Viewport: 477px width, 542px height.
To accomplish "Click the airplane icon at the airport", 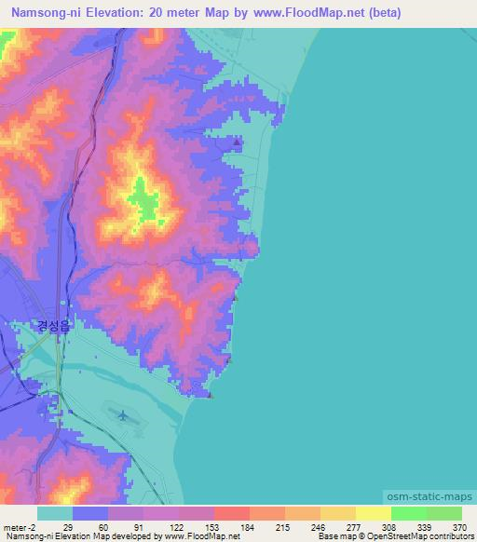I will [124, 413].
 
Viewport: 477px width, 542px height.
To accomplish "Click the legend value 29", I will [67, 526].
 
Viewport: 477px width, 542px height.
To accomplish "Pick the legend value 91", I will [138, 526].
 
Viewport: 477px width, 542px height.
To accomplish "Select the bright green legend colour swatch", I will [408, 513].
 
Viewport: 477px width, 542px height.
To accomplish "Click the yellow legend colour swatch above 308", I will [373, 513].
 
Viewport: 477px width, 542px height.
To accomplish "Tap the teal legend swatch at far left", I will [55, 513].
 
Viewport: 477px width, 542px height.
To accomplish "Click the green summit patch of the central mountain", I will [143, 199].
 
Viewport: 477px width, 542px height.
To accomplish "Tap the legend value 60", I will [102, 526].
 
